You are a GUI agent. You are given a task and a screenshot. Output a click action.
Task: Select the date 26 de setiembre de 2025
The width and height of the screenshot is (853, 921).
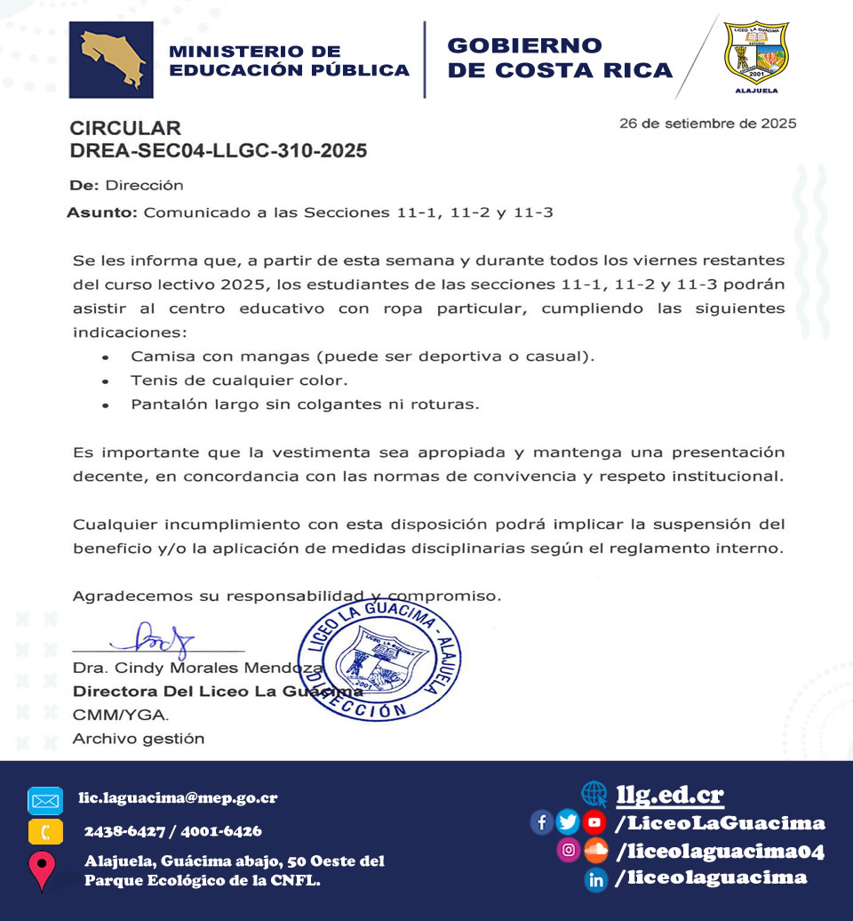pyautogui.click(x=707, y=124)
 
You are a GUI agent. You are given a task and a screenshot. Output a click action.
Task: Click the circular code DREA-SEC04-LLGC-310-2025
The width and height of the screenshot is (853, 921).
pyautogui.click(x=219, y=151)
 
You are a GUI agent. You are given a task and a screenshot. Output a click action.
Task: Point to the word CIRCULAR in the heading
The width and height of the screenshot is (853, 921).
pyautogui.click(x=125, y=128)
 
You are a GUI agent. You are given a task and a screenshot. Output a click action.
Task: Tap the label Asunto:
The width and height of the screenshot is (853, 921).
pyautogui.click(x=102, y=213)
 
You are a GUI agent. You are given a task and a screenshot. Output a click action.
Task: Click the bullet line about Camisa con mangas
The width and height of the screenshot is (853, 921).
pyautogui.click(x=362, y=356)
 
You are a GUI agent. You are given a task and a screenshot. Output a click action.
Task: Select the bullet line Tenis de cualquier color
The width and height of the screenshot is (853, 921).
pyautogui.click(x=238, y=380)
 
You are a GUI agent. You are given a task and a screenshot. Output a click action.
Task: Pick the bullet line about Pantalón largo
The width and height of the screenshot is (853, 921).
pyautogui.click(x=305, y=404)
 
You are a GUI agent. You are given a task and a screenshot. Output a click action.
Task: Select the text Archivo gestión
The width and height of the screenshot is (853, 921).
pyautogui.click(x=139, y=739)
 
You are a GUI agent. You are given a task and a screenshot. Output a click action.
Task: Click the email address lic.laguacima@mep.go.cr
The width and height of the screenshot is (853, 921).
pyautogui.click(x=178, y=797)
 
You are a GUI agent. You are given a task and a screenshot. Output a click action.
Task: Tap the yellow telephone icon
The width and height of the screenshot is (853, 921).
pyautogui.click(x=45, y=832)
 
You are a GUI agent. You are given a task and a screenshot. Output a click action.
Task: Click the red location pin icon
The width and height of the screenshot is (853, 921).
pyautogui.click(x=43, y=869)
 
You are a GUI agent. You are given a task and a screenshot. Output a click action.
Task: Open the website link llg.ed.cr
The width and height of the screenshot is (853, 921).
pyautogui.click(x=670, y=794)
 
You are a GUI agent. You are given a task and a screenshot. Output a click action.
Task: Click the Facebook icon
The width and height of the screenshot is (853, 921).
pyautogui.click(x=541, y=822)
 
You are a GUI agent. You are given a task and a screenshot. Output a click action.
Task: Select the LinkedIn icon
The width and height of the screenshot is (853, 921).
pyautogui.click(x=596, y=879)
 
